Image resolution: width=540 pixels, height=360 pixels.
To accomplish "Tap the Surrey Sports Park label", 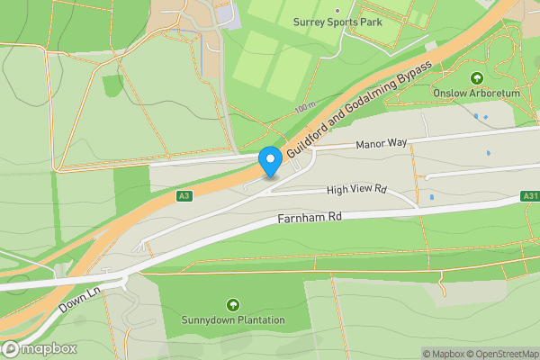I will (337, 21).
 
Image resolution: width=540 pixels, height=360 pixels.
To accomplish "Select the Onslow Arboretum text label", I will (476, 92).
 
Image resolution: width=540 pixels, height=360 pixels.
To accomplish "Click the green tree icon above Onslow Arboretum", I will (476, 77).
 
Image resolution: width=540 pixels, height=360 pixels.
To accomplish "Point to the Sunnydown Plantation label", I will (233, 319).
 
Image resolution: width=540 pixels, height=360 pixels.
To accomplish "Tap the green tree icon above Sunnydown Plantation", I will (233, 305).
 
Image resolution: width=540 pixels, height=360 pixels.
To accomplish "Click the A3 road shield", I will (184, 195).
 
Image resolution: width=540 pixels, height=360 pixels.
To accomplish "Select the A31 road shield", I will (530, 196).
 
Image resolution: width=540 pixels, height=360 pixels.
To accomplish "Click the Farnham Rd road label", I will (310, 218).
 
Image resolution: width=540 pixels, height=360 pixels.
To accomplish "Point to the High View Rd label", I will (356, 190).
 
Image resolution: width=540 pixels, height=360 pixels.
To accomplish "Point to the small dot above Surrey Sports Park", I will (337, 10).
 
